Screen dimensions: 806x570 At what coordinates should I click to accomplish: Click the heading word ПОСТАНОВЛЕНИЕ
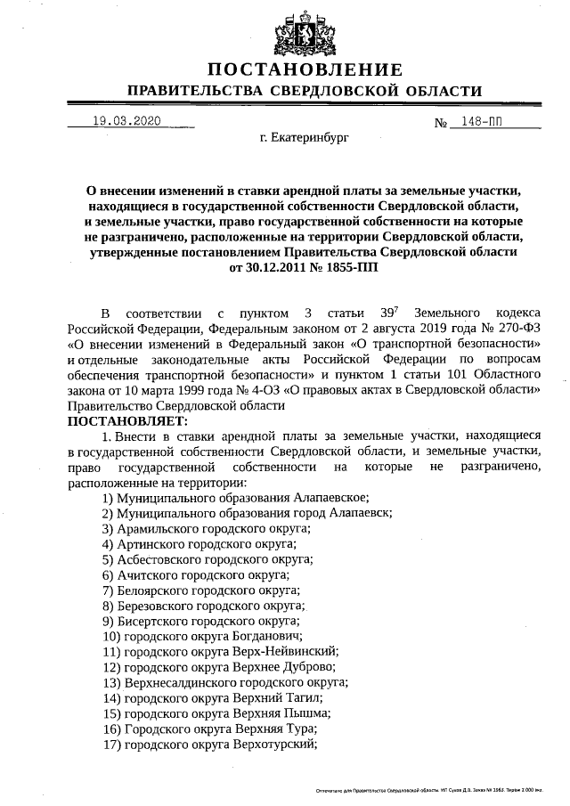click(305, 69)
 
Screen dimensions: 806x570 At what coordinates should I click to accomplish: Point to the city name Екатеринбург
click(305, 140)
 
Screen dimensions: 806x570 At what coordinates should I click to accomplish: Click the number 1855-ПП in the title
click(330, 266)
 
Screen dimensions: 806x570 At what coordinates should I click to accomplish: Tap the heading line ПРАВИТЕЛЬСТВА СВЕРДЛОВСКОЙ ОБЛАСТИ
click(305, 91)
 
